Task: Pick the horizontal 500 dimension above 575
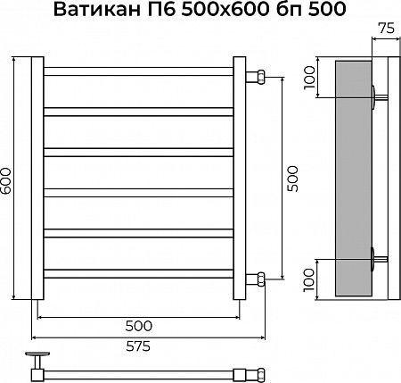(137, 325)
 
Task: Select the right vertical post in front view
(240, 179)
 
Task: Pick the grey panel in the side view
(352, 179)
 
